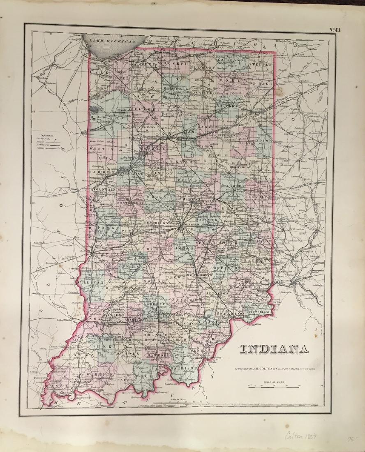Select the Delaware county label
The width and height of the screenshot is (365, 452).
[233, 186]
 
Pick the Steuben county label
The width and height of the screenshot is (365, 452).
[260, 65]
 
